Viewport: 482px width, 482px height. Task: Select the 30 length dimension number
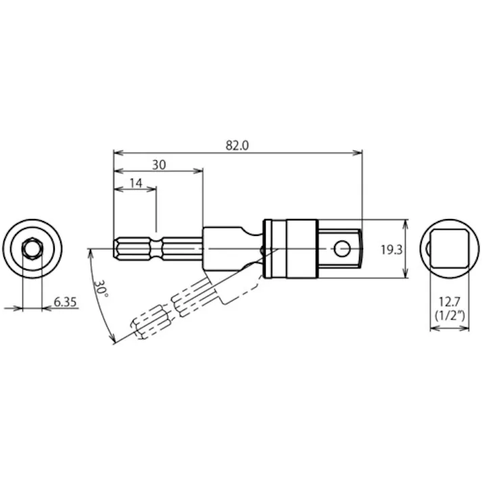pyautogui.click(x=158, y=164)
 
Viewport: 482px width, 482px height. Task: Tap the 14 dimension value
pyautogui.click(x=135, y=183)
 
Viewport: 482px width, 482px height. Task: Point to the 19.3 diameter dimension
pyautogui.click(x=391, y=249)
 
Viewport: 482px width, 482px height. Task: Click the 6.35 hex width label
pyautogui.click(x=65, y=302)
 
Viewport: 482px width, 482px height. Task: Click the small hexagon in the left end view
pyautogui.click(x=31, y=249)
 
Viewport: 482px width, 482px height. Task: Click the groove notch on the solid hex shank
pyautogui.click(x=157, y=249)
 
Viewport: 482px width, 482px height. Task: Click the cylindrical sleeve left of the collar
pyautogui.click(x=230, y=248)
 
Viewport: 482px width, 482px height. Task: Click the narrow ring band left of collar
pyautogui.click(x=269, y=249)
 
